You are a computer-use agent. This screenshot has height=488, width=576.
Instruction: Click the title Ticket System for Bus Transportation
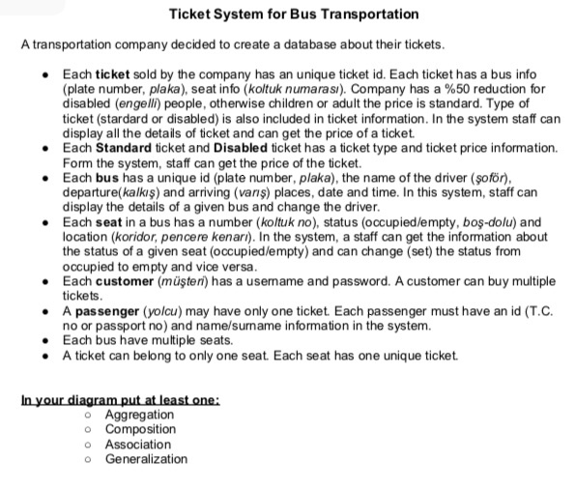(x=294, y=14)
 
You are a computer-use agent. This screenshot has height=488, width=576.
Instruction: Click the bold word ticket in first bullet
(x=113, y=73)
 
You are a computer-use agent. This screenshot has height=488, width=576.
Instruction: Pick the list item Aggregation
(x=139, y=415)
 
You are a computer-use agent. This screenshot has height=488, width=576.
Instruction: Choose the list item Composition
(x=140, y=429)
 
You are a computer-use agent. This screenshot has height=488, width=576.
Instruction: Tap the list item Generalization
(x=146, y=459)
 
